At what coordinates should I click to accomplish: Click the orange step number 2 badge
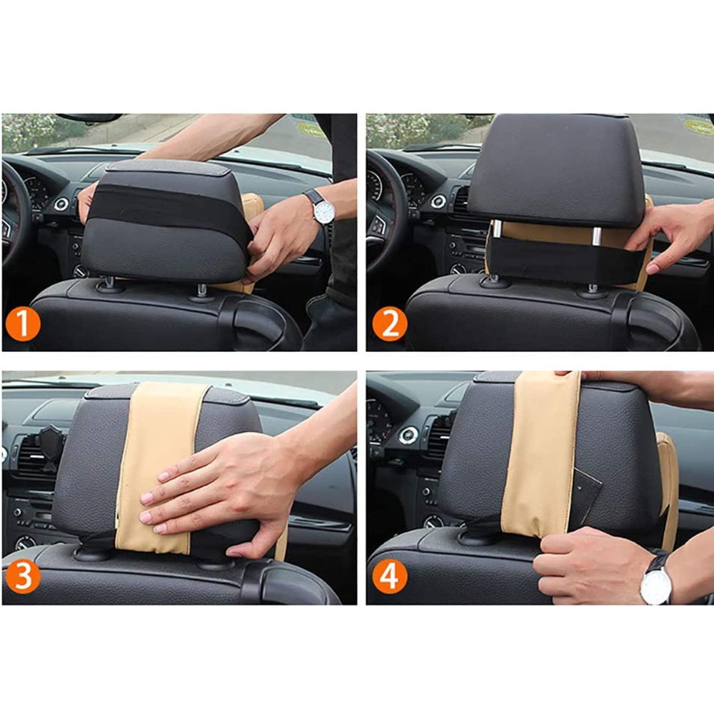389,323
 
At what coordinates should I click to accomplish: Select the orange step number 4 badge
389,576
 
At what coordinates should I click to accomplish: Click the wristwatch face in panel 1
324,213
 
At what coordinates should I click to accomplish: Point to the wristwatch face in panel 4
655,587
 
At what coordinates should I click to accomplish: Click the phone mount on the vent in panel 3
49,447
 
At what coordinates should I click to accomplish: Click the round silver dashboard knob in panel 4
408,436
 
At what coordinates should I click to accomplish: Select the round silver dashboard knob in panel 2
438,201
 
